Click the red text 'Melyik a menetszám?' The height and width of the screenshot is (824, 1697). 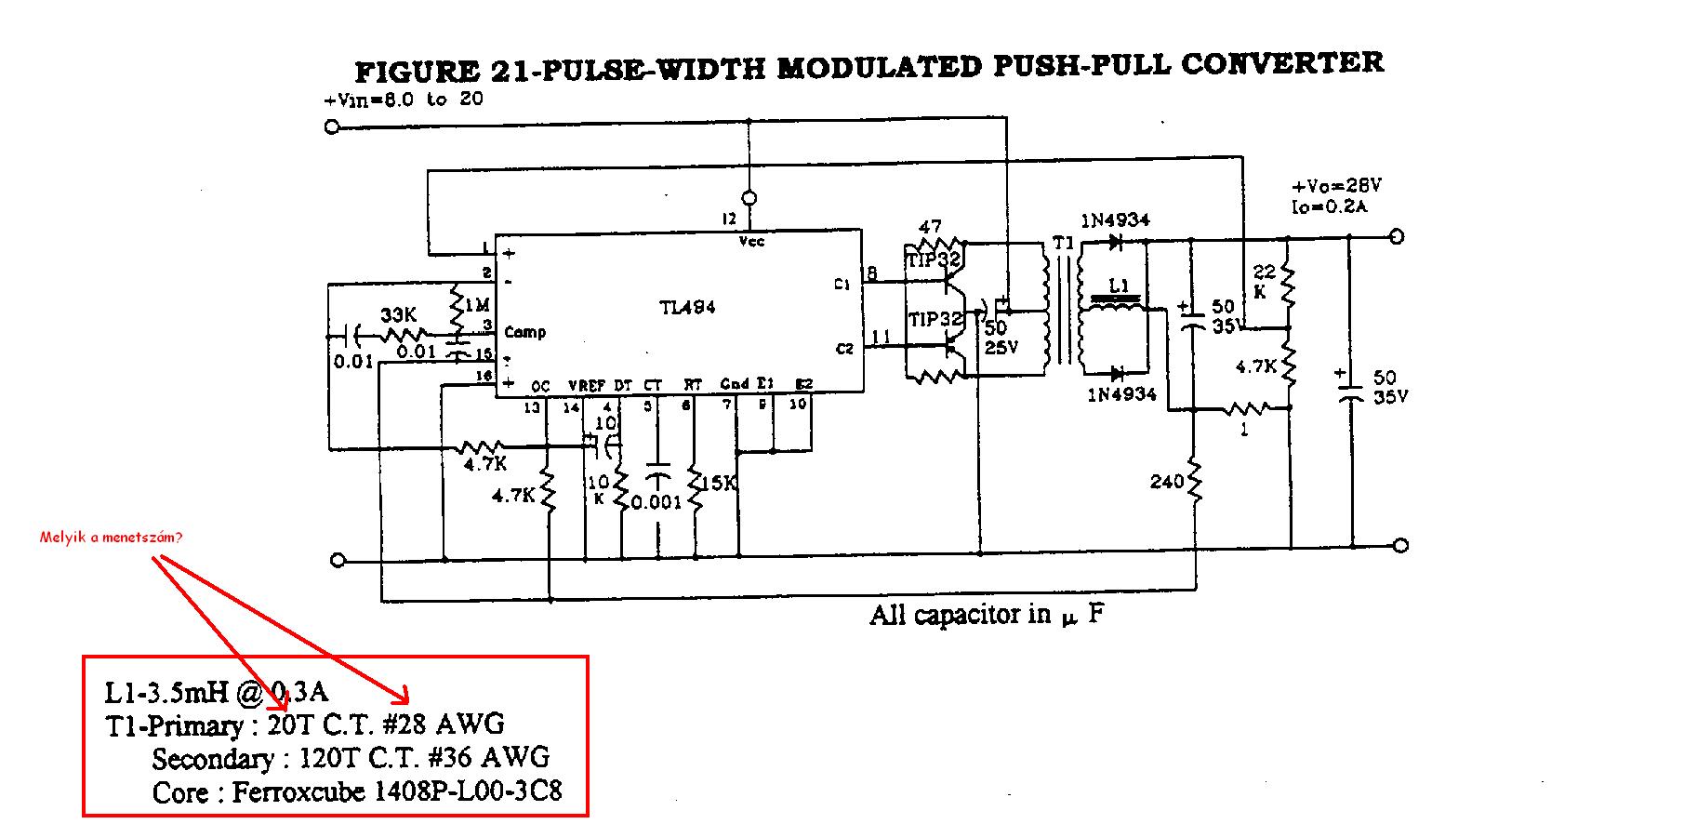(112, 538)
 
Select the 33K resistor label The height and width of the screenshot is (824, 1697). (399, 316)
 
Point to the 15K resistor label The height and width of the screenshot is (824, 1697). (718, 484)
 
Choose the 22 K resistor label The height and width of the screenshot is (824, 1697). (1265, 281)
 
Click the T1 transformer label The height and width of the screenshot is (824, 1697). (1062, 244)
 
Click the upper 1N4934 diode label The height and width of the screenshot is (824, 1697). (1115, 220)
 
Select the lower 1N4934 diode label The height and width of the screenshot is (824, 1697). (1121, 394)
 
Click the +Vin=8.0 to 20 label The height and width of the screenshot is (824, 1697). (403, 100)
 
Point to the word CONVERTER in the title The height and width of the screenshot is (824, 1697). (1282, 64)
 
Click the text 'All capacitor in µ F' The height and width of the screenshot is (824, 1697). (987, 615)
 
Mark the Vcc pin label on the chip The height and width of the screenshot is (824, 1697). (750, 241)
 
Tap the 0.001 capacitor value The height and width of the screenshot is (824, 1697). (656, 502)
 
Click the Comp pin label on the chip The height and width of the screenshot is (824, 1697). (524, 332)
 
